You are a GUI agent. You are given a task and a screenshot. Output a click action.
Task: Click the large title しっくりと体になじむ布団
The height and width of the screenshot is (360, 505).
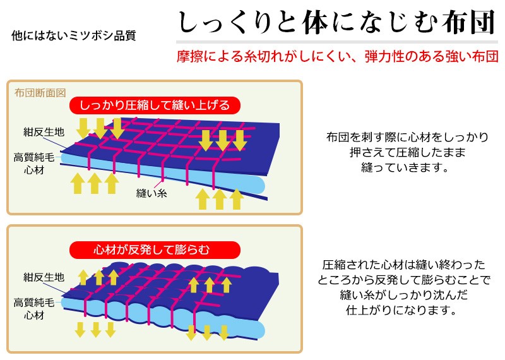tap(336, 23)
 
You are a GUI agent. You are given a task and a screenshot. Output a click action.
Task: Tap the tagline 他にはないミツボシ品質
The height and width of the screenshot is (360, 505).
tap(74, 35)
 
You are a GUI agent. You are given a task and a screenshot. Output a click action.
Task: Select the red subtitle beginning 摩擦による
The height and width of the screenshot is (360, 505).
tap(338, 56)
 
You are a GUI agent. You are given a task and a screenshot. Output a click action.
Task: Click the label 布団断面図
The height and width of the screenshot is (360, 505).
tap(40, 93)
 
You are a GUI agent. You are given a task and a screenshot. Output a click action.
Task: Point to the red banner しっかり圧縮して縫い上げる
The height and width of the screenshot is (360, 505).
tap(155, 105)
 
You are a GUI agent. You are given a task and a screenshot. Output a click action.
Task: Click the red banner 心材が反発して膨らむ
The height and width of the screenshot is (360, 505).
tap(155, 249)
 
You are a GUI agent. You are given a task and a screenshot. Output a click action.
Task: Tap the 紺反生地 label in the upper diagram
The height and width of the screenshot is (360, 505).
tap(44, 132)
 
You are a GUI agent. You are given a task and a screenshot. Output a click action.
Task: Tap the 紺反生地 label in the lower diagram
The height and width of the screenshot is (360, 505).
tap(44, 277)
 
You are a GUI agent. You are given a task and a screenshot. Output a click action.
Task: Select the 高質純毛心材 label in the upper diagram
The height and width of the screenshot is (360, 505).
tap(34, 164)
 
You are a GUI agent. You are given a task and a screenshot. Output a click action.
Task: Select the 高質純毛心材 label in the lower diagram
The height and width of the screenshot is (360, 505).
tap(34, 309)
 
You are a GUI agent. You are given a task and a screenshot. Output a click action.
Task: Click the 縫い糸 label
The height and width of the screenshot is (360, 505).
tap(151, 193)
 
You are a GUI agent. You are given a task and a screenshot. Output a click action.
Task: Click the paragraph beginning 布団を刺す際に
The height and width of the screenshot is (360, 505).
tap(407, 152)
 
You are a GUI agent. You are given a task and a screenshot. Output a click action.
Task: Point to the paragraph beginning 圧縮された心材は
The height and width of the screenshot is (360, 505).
tap(404, 287)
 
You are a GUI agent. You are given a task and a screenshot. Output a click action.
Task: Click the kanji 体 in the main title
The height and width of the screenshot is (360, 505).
tap(314, 23)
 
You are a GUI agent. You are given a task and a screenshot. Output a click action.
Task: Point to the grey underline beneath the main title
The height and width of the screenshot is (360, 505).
tap(337, 42)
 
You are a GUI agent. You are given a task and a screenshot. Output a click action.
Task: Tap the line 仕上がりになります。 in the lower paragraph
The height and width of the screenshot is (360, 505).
tap(401, 310)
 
